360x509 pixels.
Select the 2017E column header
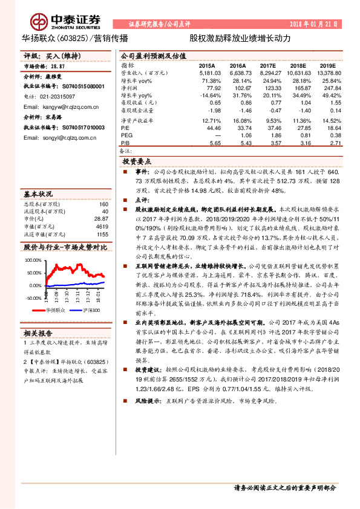point(267,65)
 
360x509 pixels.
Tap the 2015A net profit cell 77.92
point(212,88)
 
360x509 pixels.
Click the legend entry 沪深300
point(90,310)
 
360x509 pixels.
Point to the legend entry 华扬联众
point(53,310)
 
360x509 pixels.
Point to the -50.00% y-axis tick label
point(33,298)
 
